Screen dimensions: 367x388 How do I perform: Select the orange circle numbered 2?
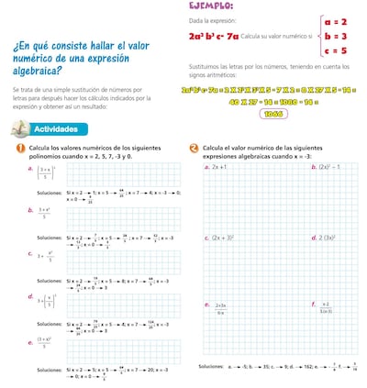[x=194, y=149]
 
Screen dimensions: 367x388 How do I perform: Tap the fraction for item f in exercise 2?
[x=327, y=306]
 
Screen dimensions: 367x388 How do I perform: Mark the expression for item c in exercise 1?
[x=45, y=257]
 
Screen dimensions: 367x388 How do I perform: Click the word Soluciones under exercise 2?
[x=212, y=366]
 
